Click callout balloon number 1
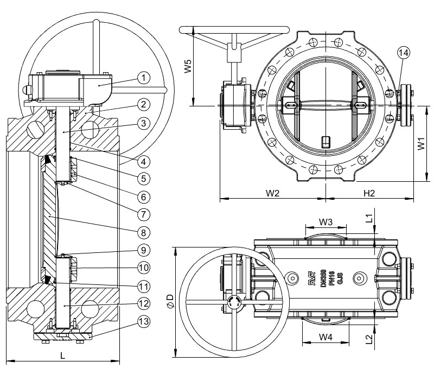pos(143,78)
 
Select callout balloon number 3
pos(143,123)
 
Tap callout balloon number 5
pos(143,177)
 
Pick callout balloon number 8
pos(143,232)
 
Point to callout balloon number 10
pos(143,268)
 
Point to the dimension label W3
pos(325,221)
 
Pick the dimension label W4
pos(325,337)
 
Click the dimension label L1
pos(369,219)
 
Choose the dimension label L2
pos(369,340)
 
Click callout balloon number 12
pos(143,303)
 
